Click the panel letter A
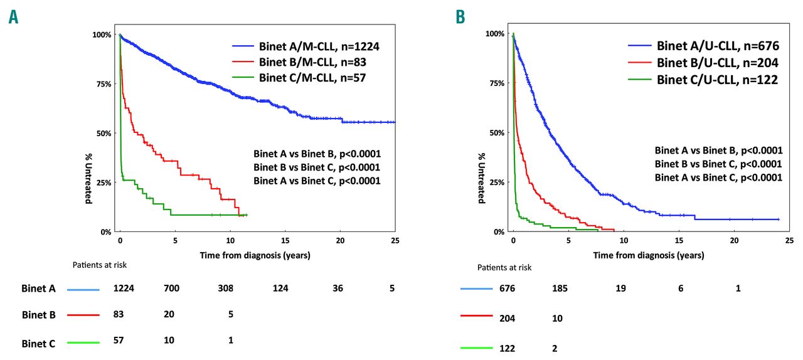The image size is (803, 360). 13,18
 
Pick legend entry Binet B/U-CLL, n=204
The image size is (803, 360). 717,63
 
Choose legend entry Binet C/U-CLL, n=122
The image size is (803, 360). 717,80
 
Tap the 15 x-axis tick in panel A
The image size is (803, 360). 285,241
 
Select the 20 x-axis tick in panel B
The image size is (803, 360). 734,241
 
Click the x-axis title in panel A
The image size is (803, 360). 255,255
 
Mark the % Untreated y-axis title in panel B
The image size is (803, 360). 482,179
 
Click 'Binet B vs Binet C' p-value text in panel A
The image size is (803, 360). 317,167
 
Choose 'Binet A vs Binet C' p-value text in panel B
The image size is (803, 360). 718,177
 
